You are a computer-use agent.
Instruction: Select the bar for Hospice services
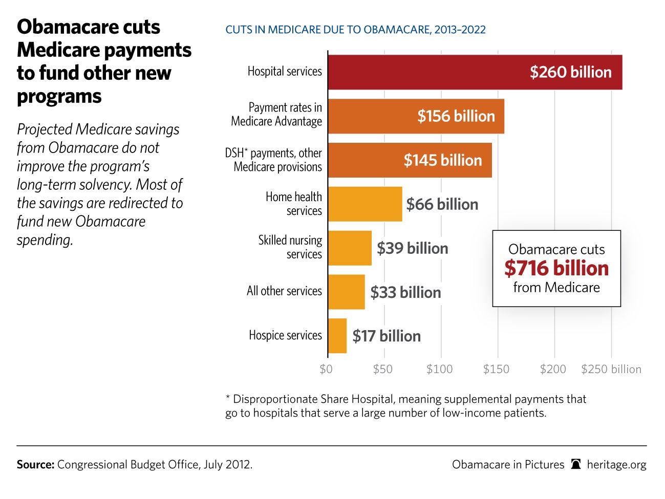pos(337,336)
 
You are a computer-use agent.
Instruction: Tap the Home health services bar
pos(365,204)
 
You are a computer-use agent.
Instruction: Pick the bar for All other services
pos(347,292)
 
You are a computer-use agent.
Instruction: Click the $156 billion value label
pos(456,116)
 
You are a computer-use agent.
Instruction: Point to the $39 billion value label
pos(412,248)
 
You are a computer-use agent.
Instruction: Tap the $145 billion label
pos(443,160)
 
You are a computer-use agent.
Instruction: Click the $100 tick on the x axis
pos(439,369)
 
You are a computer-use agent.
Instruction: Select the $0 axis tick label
pos(326,369)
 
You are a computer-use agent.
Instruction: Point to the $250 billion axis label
pos(611,369)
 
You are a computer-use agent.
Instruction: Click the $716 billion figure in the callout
pos(556,268)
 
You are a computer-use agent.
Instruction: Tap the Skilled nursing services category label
pos(290,247)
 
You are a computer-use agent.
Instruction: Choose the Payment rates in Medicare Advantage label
pos(276,114)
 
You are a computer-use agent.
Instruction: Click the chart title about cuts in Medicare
pos(355,30)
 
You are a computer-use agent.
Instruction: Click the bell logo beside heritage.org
pos(576,464)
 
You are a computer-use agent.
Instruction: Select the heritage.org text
pos(616,465)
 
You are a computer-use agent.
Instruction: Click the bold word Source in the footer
pos(35,465)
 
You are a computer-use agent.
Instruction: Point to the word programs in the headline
pos(59,97)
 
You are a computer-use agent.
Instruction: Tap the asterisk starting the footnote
pos(228,398)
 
